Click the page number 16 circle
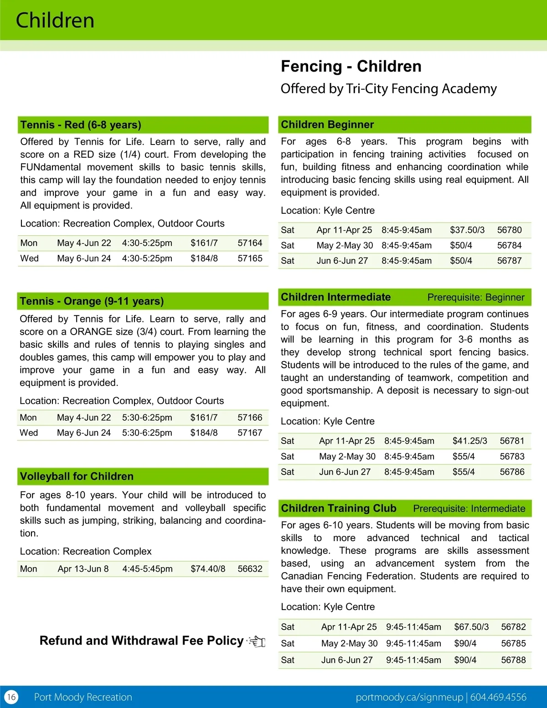tap(11, 697)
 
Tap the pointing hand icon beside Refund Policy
tap(257, 641)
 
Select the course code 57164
tap(250, 243)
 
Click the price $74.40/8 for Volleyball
tap(208, 569)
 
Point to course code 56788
tap(513, 660)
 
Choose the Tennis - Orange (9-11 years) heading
tap(92, 301)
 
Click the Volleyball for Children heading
tap(77, 476)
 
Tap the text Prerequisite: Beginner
tap(476, 297)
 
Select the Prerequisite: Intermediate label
tap(469, 508)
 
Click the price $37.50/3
tap(467, 230)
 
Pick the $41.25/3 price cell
tap(470, 441)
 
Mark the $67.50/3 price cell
tap(471, 627)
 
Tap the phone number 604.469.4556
tap(498, 697)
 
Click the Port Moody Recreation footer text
tap(83, 697)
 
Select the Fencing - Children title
tap(351, 67)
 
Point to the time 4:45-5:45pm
tap(147, 569)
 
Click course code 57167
tap(250, 433)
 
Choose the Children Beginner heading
tap(327, 124)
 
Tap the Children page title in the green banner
tap(55, 21)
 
